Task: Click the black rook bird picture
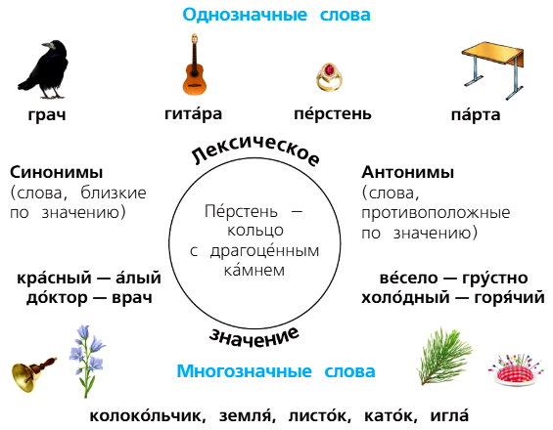click(44, 69)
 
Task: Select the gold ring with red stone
click(329, 77)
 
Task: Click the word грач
click(47, 114)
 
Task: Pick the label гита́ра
click(193, 113)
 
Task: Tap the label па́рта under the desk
click(476, 114)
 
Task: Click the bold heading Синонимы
click(57, 172)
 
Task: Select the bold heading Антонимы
click(408, 172)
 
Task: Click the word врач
click(132, 298)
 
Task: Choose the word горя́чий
click(509, 297)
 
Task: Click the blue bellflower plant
click(87, 362)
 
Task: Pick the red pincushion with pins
click(516, 370)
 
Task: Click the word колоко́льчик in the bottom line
click(148, 415)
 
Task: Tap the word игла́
click(449, 415)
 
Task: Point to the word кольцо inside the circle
click(255, 231)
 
